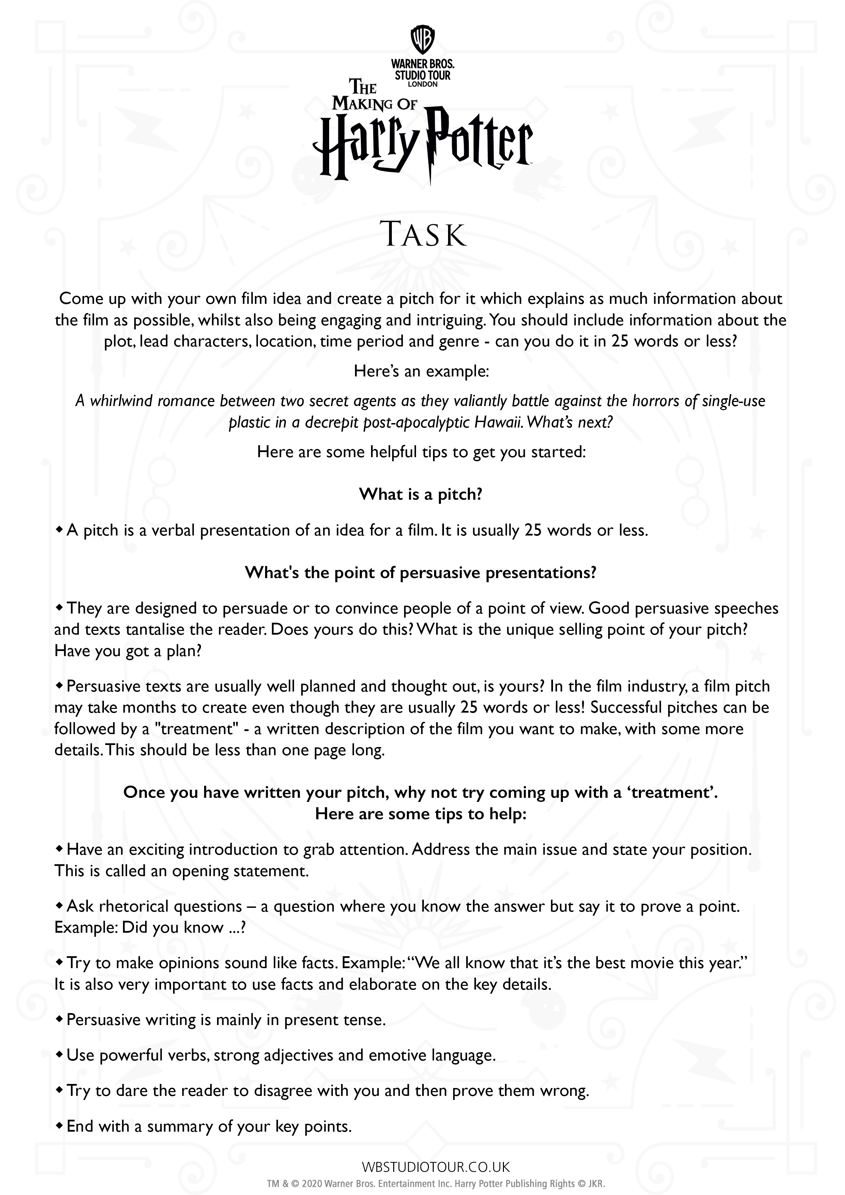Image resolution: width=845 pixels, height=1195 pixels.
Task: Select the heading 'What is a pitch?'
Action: pyautogui.click(x=421, y=494)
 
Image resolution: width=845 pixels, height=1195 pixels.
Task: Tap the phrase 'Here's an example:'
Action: pyautogui.click(x=421, y=371)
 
